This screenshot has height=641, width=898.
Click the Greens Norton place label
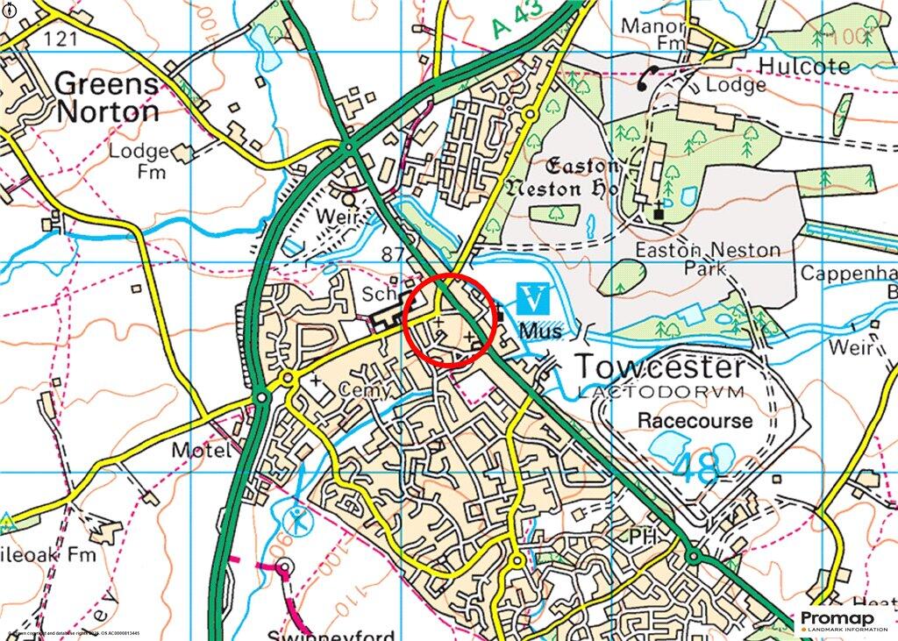coord(107,98)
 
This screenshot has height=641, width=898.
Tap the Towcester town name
coord(659,367)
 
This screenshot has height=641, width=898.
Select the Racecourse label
coord(695,421)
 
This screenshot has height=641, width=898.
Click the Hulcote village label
coord(804,67)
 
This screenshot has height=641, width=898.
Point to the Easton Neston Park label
coord(707,260)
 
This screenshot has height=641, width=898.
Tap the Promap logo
coord(843,621)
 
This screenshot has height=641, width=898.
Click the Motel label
coord(202,451)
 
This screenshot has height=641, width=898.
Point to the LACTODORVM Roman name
coord(660,391)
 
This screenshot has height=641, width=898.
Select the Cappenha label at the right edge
coord(848,274)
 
